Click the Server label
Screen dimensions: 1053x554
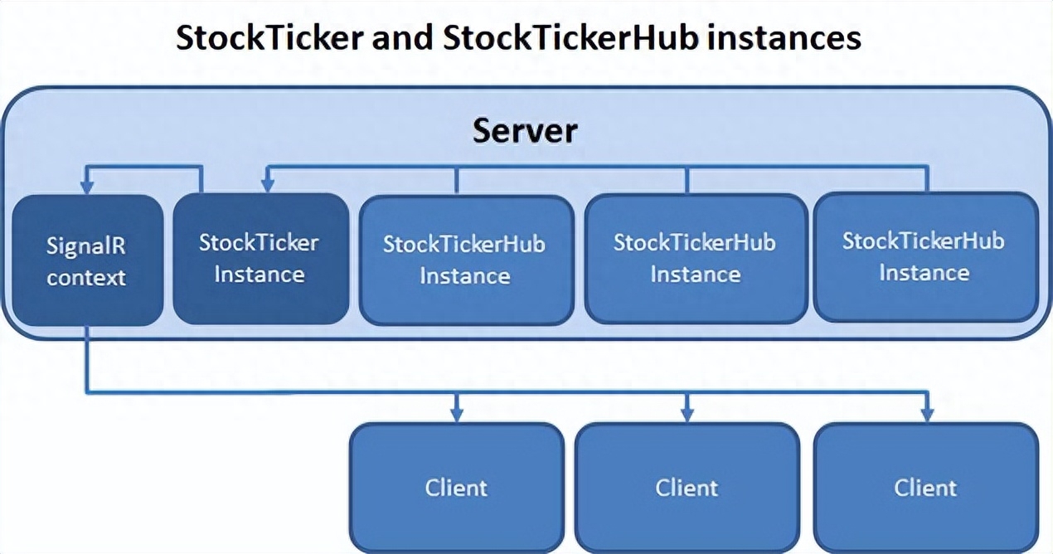pyautogui.click(x=525, y=131)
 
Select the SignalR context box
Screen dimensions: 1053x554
pyautogui.click(x=88, y=260)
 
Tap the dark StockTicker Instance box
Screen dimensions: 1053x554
pyautogui.click(x=261, y=259)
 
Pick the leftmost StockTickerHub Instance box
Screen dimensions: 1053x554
pyautogui.click(x=466, y=260)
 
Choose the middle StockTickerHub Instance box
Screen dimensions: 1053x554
pyautogui.click(x=696, y=259)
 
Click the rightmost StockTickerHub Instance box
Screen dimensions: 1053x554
pyautogui.click(x=926, y=257)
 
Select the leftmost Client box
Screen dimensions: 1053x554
pyautogui.click(x=457, y=488)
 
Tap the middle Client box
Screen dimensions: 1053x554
pyautogui.click(x=687, y=488)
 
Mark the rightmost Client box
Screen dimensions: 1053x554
pyautogui.click(x=926, y=488)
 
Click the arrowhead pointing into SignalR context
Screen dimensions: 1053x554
pyautogui.click(x=87, y=187)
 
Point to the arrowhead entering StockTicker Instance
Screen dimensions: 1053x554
pyautogui.click(x=268, y=185)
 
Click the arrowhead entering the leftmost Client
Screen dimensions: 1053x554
pyautogui.click(x=457, y=415)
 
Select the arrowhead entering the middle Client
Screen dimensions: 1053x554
pyautogui.click(x=687, y=415)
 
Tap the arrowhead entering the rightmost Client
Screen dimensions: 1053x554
pyautogui.click(x=927, y=415)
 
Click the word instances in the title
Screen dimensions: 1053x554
pyautogui.click(x=784, y=37)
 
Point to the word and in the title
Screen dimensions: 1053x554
pyautogui.click(x=402, y=37)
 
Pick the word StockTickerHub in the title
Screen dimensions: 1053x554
pyautogui.click(x=570, y=37)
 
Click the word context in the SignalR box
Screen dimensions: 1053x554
pyautogui.click(x=86, y=278)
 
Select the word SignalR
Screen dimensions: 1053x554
pyautogui.click(x=86, y=246)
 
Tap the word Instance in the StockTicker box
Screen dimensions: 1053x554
pyautogui.click(x=260, y=275)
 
